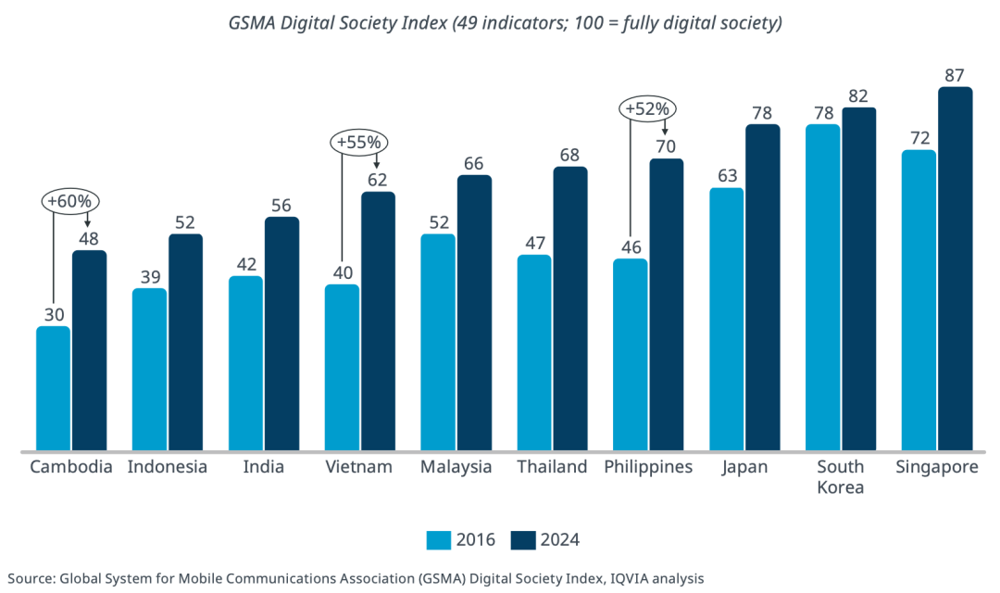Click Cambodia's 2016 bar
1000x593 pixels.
click(x=53, y=388)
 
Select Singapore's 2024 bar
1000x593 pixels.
click(x=956, y=269)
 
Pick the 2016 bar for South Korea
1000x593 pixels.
click(x=823, y=287)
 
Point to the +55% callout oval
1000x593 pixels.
click(x=359, y=143)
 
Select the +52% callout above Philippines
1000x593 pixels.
click(x=648, y=108)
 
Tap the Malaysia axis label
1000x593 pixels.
click(x=456, y=467)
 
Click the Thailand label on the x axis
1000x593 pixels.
click(x=552, y=467)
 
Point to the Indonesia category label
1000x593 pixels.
click(x=168, y=467)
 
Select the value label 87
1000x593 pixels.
click(x=956, y=74)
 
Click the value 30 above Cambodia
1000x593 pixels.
click(x=53, y=313)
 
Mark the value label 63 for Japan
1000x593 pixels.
click(x=727, y=175)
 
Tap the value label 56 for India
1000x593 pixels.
click(x=281, y=205)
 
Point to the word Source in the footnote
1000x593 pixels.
click(x=29, y=578)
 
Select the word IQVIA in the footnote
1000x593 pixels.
click(x=629, y=578)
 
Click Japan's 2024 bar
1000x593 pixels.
click(x=763, y=287)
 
